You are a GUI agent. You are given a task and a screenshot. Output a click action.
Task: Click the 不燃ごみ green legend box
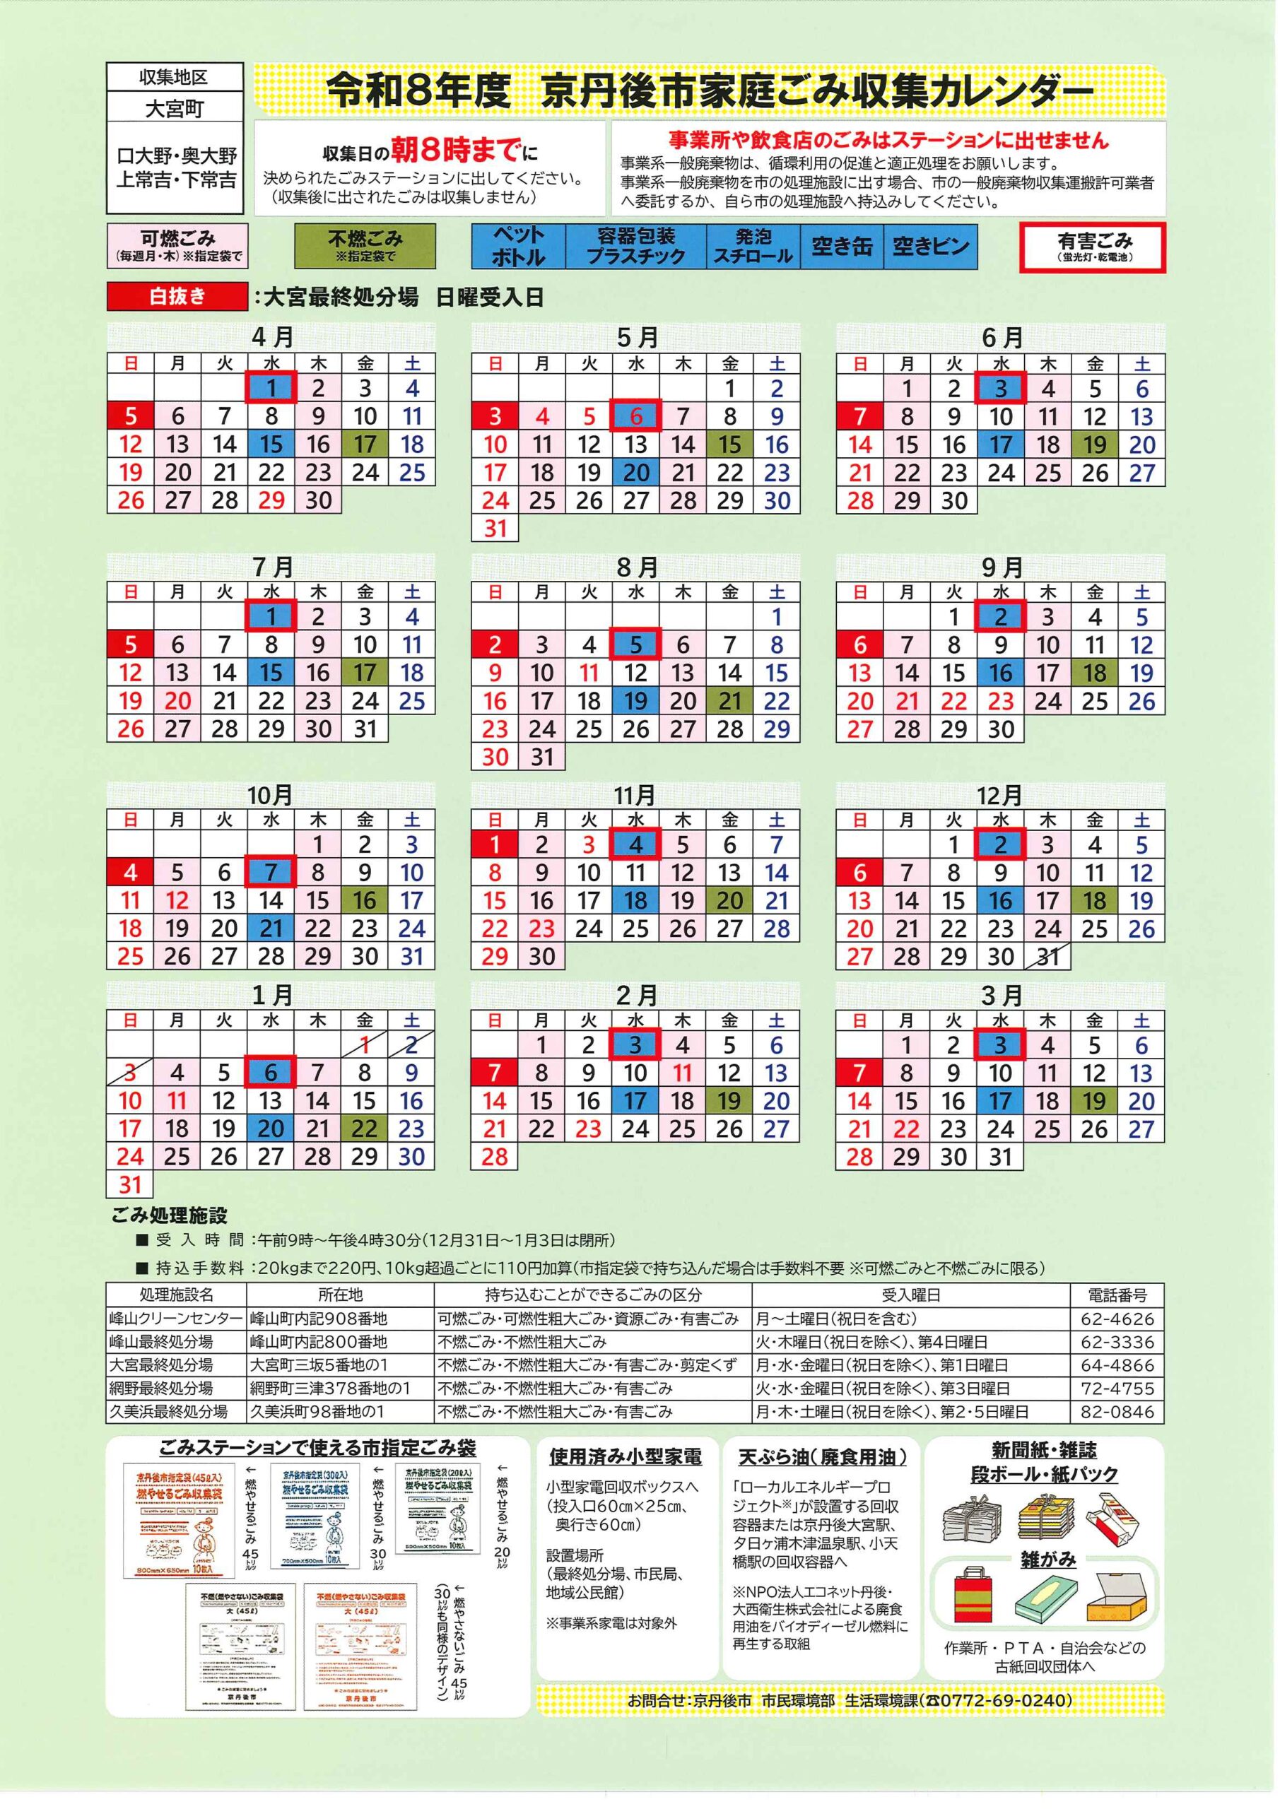364,245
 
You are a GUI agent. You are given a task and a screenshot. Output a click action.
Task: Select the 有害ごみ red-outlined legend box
1093,247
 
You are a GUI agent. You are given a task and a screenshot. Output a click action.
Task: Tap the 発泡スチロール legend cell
753,247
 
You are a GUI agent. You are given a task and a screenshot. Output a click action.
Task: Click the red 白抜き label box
177,297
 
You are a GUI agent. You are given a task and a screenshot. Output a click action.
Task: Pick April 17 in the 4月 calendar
364,444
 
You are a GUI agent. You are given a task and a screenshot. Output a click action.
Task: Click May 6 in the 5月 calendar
636,416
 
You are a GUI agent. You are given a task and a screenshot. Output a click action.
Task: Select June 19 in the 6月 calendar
1095,445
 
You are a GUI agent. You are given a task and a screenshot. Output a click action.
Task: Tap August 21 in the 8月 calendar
730,701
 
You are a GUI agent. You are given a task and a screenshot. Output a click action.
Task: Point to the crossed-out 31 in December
1047,957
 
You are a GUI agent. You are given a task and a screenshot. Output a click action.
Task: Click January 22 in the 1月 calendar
364,1129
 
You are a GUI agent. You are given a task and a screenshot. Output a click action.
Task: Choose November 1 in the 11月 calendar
495,844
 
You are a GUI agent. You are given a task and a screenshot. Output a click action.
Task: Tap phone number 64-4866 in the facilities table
1117,1365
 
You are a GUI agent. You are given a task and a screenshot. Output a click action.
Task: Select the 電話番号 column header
1117,1295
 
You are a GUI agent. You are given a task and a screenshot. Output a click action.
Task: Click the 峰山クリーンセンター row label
176,1318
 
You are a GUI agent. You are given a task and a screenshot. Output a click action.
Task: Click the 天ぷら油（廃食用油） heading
822,1458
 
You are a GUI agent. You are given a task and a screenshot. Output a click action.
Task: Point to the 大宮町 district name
175,109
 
